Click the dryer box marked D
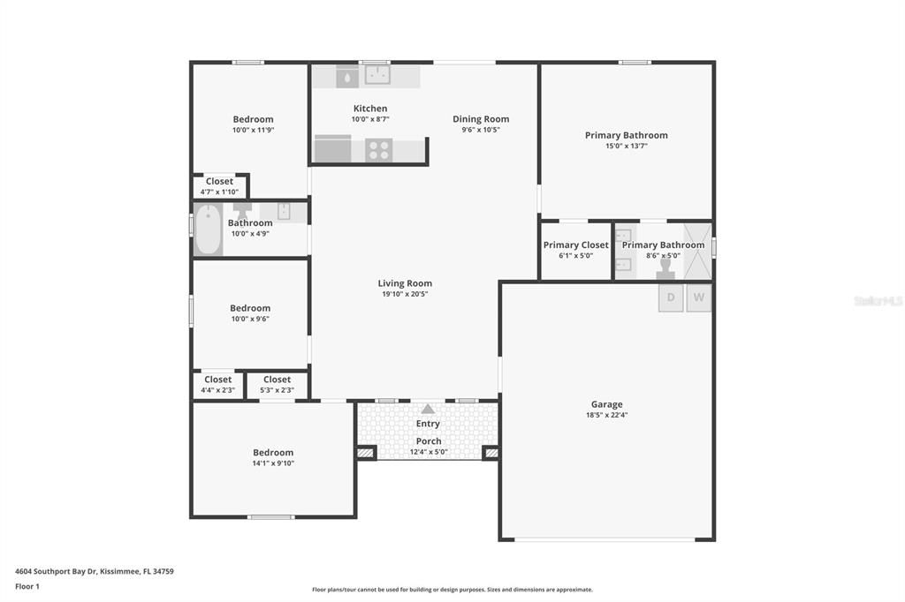671,297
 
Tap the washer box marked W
699,297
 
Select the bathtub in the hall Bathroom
208,230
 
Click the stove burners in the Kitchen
379,150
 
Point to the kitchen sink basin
377,77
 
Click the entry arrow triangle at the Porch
428,409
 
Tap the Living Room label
405,283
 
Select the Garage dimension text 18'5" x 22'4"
606,415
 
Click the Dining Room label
481,119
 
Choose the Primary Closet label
575,245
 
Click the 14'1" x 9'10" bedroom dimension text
273,463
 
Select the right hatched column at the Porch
491,453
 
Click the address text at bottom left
95,571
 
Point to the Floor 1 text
27,586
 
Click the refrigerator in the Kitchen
332,149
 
